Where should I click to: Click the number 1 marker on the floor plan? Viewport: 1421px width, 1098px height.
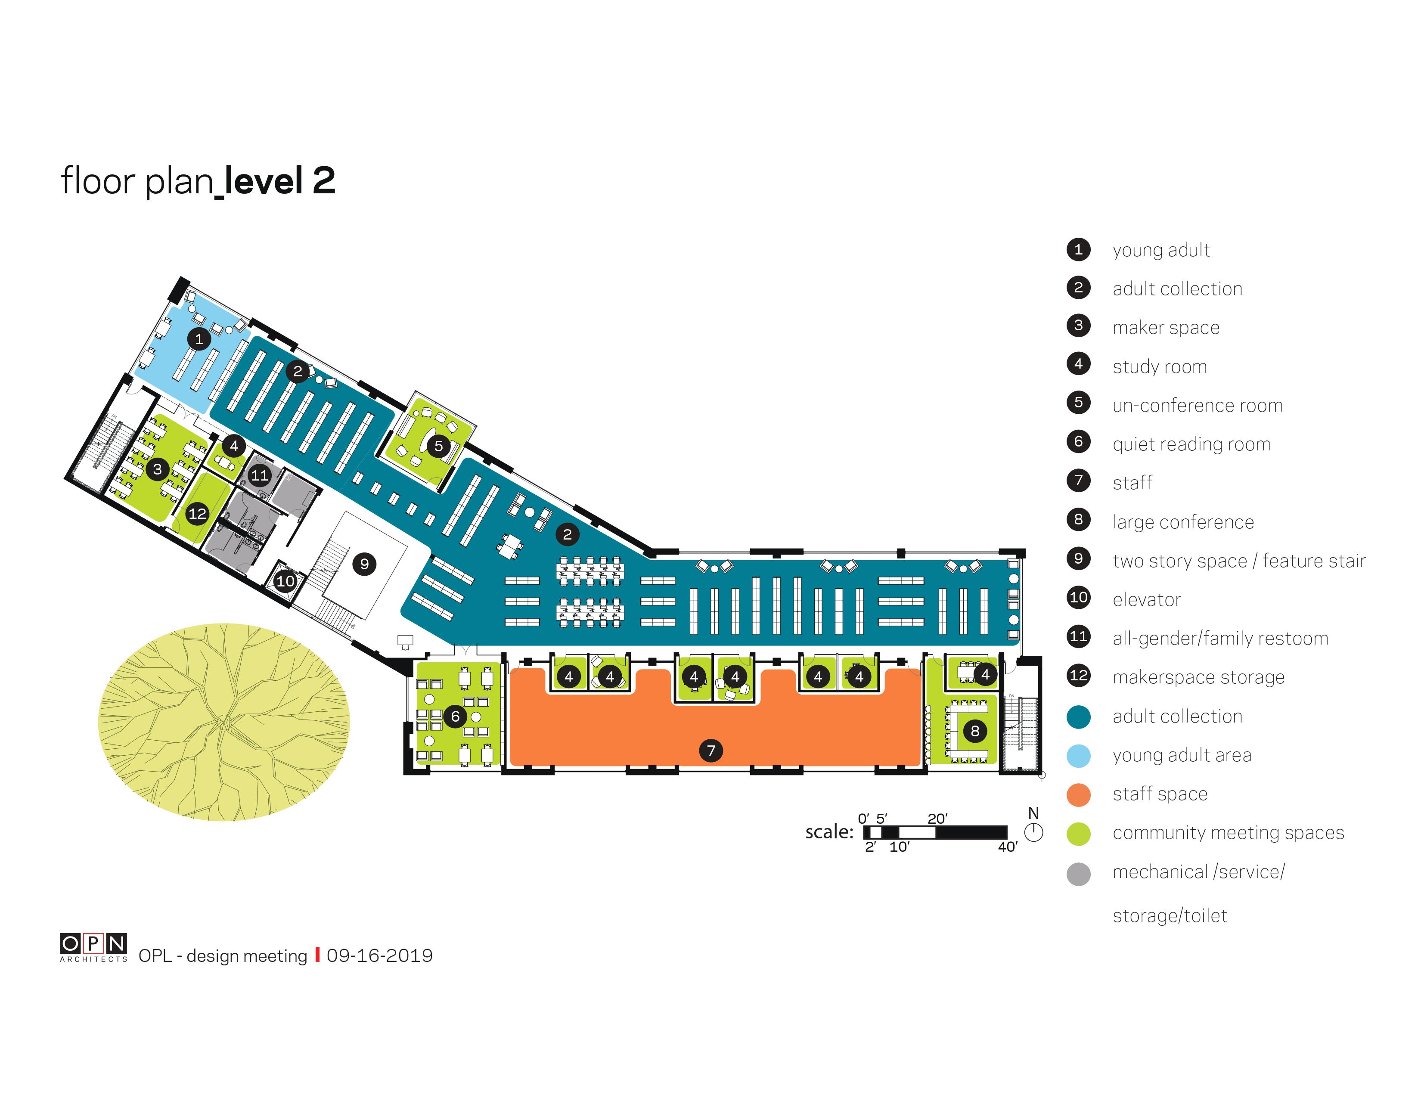pyautogui.click(x=199, y=339)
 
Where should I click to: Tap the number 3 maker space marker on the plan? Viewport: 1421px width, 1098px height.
pyautogui.click(x=158, y=469)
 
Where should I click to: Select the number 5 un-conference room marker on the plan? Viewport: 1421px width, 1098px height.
pyautogui.click(x=438, y=446)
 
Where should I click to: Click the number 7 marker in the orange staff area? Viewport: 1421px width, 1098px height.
pyautogui.click(x=711, y=751)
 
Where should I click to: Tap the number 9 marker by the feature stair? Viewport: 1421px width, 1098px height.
pyautogui.click(x=364, y=564)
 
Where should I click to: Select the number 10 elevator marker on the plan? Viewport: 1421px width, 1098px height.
pyautogui.click(x=285, y=581)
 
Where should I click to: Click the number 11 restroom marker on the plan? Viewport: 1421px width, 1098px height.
pyautogui.click(x=260, y=475)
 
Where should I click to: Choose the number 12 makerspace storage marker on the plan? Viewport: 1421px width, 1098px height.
pyautogui.click(x=197, y=514)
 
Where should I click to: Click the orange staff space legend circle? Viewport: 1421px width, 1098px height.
pyautogui.click(x=1079, y=795)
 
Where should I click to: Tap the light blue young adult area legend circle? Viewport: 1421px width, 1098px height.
pyautogui.click(x=1079, y=756)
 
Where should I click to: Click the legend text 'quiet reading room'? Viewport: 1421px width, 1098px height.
pyautogui.click(x=1191, y=444)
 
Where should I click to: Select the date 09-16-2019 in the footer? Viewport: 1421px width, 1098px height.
pyautogui.click(x=379, y=955)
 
